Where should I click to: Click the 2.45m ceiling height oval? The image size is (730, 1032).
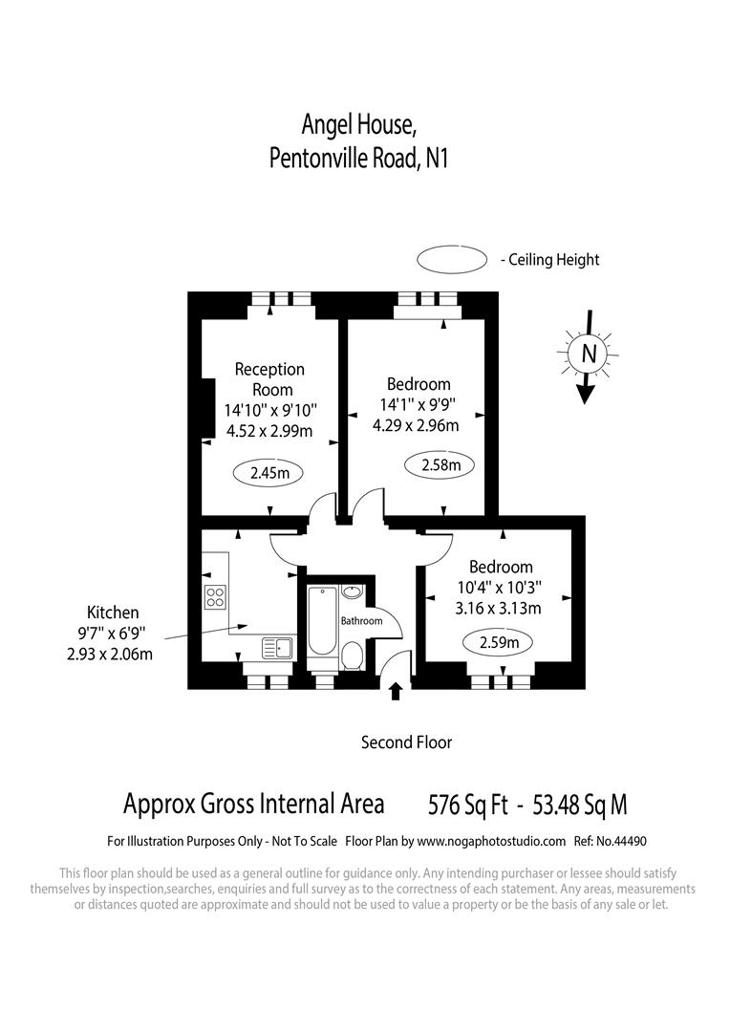point(269,472)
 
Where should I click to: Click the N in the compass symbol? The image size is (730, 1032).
point(589,353)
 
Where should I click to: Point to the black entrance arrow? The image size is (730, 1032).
point(397,691)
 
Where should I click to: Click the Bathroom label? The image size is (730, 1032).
point(361,621)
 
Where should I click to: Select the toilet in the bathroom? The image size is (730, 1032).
point(352,656)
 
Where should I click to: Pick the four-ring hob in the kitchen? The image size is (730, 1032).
point(215,597)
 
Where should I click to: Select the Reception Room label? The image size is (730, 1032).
point(269,379)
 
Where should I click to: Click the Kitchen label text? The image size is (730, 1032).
point(113,613)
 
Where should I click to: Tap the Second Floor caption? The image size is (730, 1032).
point(406,742)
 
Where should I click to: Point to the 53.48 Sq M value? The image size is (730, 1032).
point(580,805)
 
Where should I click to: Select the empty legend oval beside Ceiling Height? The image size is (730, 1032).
point(451,259)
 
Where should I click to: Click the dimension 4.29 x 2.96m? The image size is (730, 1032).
point(416,425)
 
